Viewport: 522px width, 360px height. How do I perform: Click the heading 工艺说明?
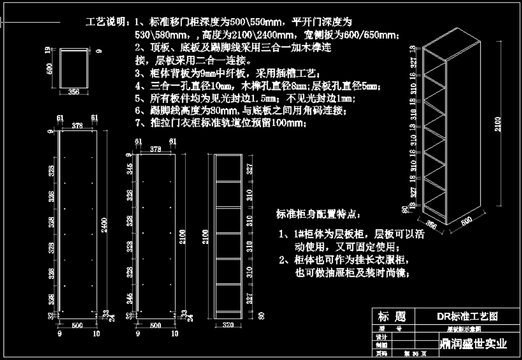pyautogui.click(x=105, y=22)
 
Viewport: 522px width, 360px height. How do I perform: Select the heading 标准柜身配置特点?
pyautogui.click(x=318, y=214)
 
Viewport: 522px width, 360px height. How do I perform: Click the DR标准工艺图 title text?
pyautogui.click(x=467, y=316)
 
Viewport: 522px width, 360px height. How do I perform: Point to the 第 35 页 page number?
pyautogui.click(x=414, y=353)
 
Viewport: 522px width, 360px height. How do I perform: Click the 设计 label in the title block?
pyautogui.click(x=381, y=337)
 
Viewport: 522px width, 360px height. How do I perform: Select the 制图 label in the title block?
pyautogui.click(x=381, y=345)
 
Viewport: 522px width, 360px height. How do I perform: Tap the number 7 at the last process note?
pyautogui.click(x=138, y=122)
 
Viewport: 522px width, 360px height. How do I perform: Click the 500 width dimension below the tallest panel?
pyautogui.click(x=77, y=325)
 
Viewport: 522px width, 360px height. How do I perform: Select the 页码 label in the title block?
pyautogui.click(x=381, y=353)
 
